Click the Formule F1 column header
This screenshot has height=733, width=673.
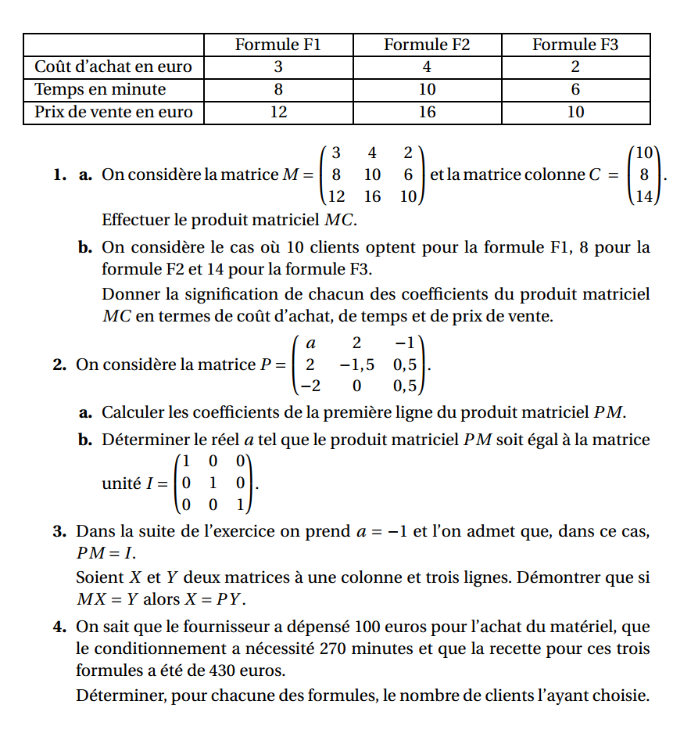click(278, 45)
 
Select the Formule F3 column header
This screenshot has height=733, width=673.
click(575, 45)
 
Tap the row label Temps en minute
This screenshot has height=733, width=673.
click(100, 89)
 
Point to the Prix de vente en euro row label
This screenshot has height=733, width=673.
click(113, 112)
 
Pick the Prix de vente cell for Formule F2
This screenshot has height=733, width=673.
click(427, 112)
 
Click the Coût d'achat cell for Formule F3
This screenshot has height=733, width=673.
click(575, 67)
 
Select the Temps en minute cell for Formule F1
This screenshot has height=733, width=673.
click(278, 89)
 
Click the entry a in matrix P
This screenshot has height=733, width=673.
click(310, 343)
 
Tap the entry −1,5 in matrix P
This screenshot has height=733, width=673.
click(356, 365)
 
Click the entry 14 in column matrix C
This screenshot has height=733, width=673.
click(643, 196)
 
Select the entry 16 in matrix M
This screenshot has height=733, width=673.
click(372, 196)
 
